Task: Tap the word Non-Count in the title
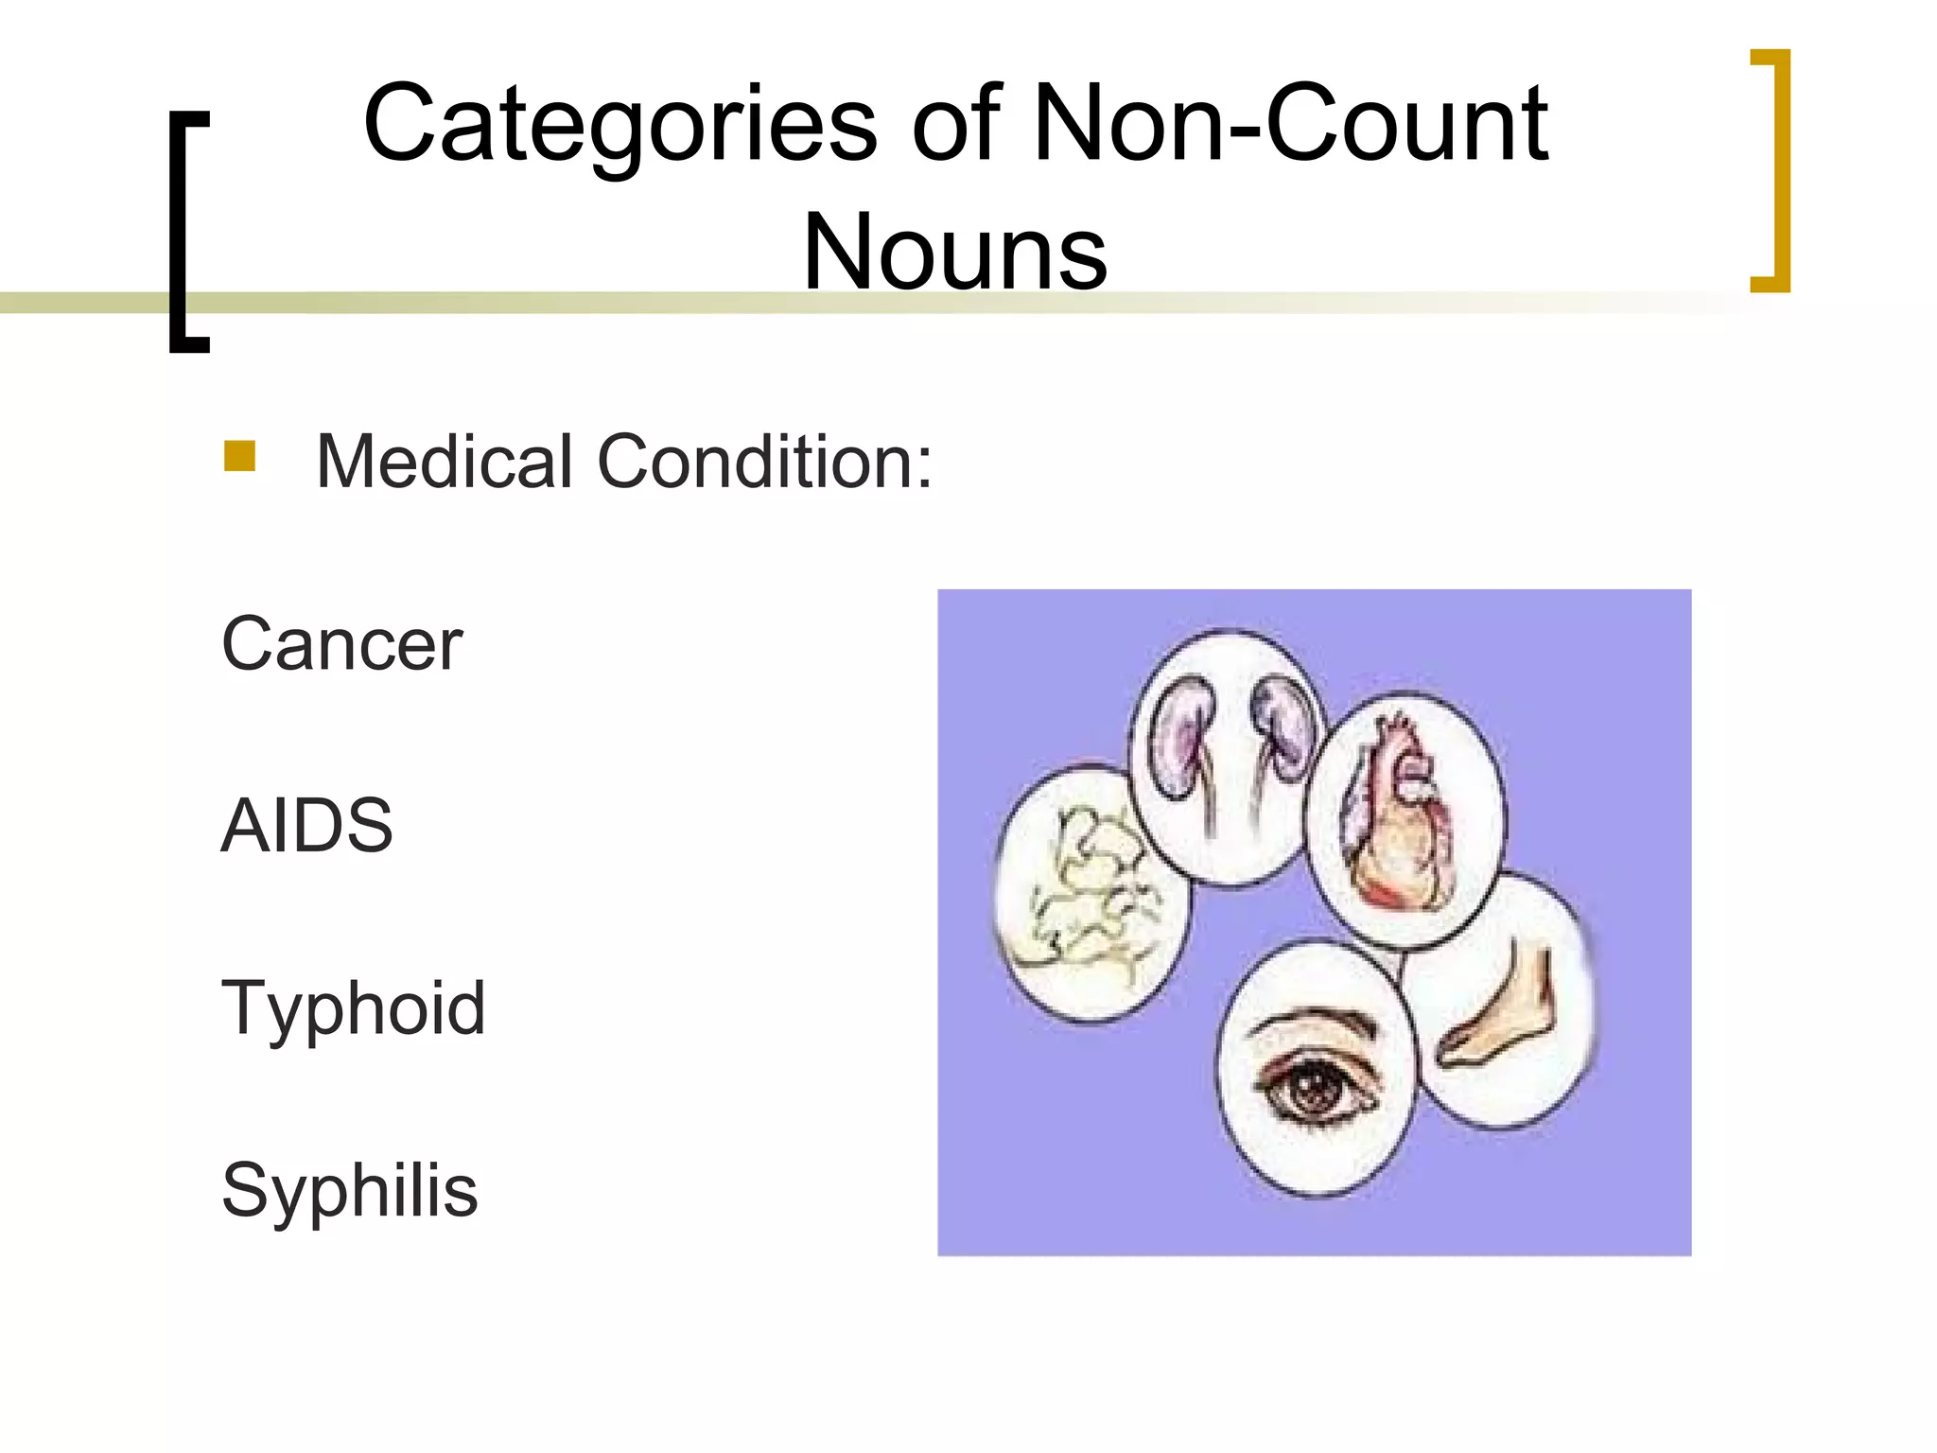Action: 1290,123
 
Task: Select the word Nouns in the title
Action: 954,252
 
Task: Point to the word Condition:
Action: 764,462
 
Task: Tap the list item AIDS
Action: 306,826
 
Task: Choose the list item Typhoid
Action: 353,1008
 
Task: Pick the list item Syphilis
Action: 349,1190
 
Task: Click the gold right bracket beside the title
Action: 1772,170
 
